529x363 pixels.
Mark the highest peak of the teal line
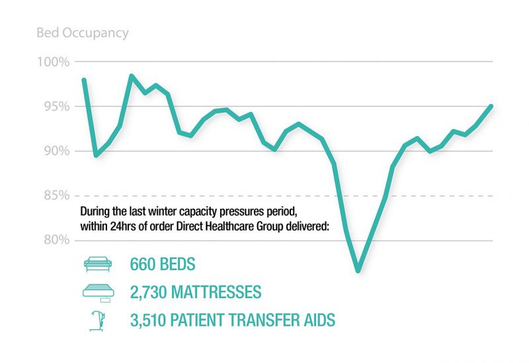point(131,76)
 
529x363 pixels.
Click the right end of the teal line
point(491,106)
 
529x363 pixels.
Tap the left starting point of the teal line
point(84,80)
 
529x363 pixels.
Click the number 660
point(143,264)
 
